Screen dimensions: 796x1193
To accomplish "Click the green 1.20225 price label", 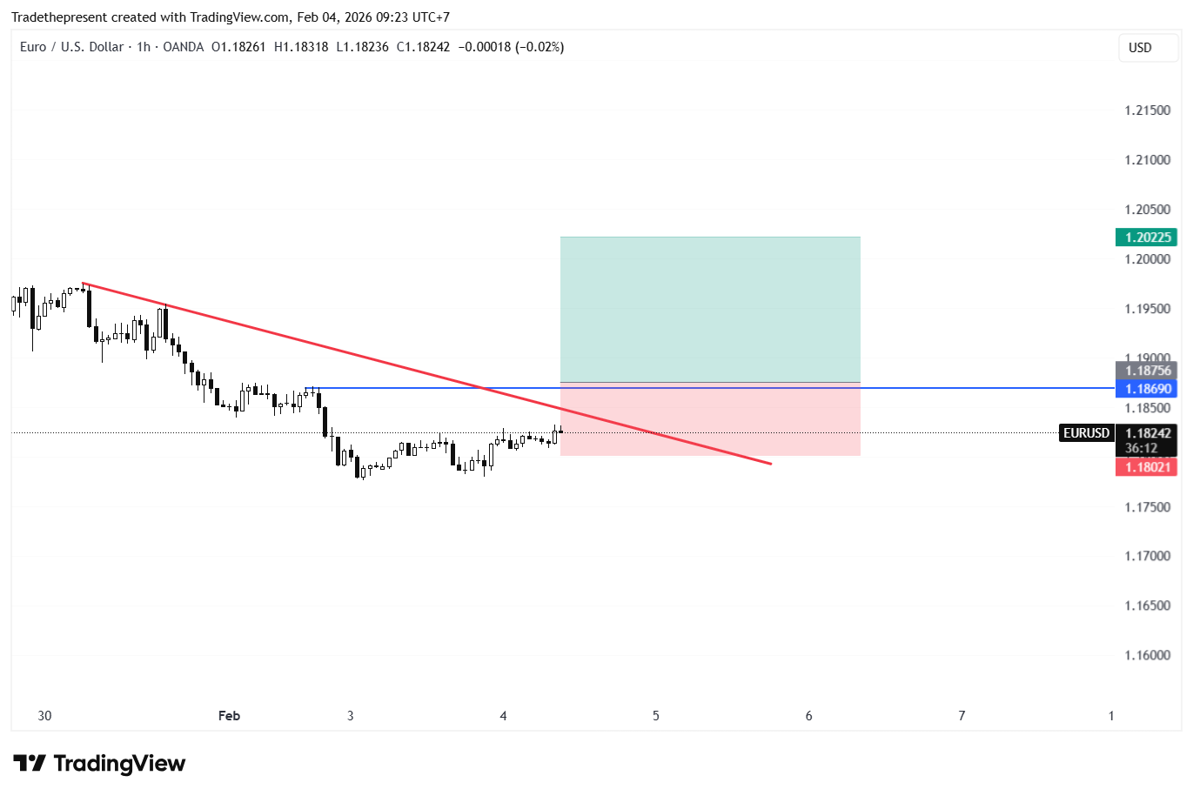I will (x=1145, y=237).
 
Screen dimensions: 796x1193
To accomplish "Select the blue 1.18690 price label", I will (x=1145, y=389).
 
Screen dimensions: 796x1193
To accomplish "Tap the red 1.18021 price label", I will (x=1145, y=467).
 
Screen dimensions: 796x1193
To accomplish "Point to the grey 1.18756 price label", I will (x=1145, y=371).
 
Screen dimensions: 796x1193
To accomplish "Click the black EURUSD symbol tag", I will (x=1086, y=433).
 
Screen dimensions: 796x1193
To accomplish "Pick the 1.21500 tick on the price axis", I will (x=1147, y=110).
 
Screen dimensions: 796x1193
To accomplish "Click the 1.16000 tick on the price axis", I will (x=1147, y=655).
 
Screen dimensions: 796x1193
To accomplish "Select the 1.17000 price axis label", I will (x=1147, y=556).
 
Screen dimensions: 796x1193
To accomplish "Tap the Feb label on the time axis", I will (x=229, y=716).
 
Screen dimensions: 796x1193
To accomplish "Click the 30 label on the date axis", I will (x=44, y=716).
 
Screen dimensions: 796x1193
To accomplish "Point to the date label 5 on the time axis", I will (x=656, y=716).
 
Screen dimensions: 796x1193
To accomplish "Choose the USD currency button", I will (x=1140, y=48).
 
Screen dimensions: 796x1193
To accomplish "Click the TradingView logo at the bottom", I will (x=99, y=764).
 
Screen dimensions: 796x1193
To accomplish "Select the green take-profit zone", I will (x=710, y=309).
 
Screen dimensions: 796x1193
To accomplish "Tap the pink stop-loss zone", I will (x=710, y=422).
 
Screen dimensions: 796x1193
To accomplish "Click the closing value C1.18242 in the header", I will (x=423, y=47).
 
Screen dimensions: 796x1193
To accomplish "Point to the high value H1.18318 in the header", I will (x=301, y=47).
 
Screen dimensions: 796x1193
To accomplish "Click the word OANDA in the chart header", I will (x=183, y=47).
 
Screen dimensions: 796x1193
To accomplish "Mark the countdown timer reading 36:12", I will (x=1141, y=448).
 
